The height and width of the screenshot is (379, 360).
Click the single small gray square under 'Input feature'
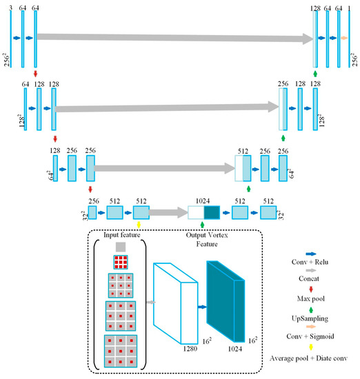(121, 246)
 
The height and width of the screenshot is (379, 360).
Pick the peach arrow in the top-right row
(344, 39)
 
